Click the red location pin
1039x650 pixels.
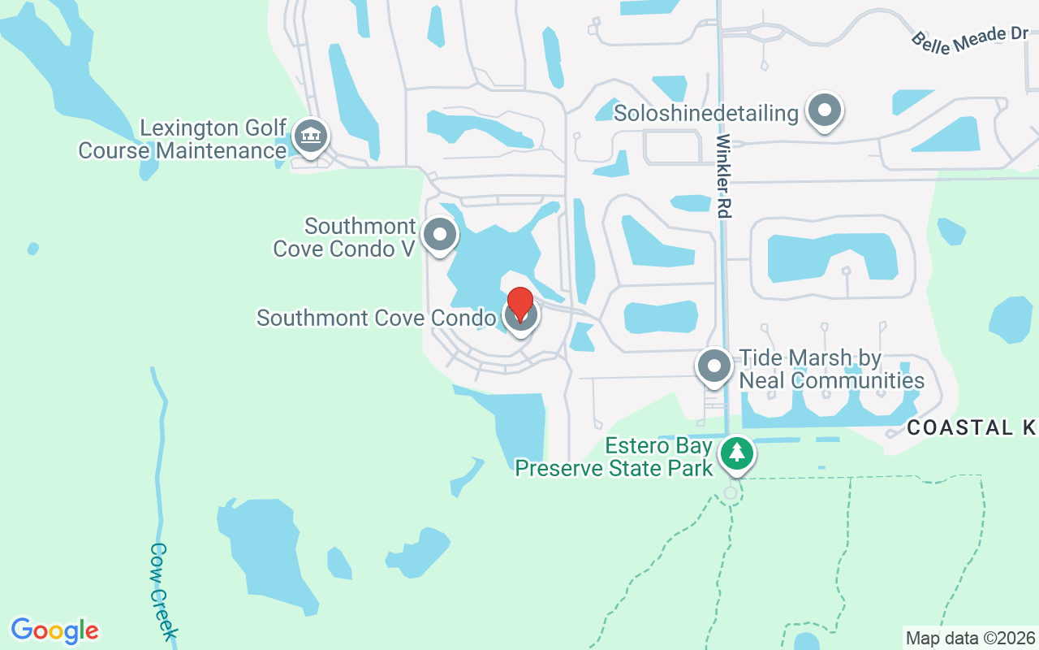[519, 304]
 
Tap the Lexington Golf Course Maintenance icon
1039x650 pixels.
[310, 136]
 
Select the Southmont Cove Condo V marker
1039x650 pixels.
[440, 235]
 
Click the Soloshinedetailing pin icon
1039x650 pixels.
[825, 110]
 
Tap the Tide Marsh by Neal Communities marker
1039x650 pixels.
[714, 366]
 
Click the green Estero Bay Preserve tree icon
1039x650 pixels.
[736, 453]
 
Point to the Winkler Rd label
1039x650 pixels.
[723, 175]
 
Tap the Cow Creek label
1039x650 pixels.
[162, 591]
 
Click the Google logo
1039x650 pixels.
[55, 630]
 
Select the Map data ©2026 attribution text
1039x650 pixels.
[970, 638]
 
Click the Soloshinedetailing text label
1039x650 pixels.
[706, 113]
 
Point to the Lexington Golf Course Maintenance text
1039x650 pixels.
[183, 140]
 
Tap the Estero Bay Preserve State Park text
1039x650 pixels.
[614, 457]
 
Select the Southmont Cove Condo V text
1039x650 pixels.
[345, 237]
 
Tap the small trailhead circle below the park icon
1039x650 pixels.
[731, 492]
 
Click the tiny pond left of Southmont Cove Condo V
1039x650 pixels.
[32, 248]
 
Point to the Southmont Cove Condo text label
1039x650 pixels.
[376, 318]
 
